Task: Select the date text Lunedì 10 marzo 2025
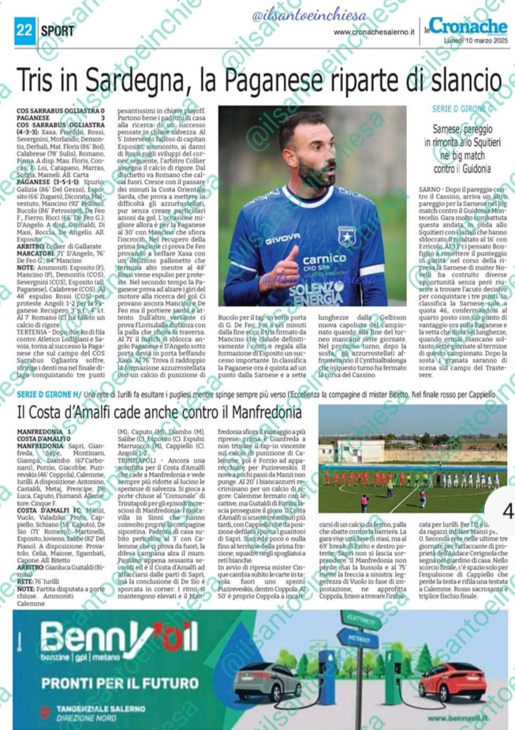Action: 476,39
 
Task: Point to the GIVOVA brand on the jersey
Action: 282,238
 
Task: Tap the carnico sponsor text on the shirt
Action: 324,259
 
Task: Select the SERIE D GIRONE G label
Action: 463,107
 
